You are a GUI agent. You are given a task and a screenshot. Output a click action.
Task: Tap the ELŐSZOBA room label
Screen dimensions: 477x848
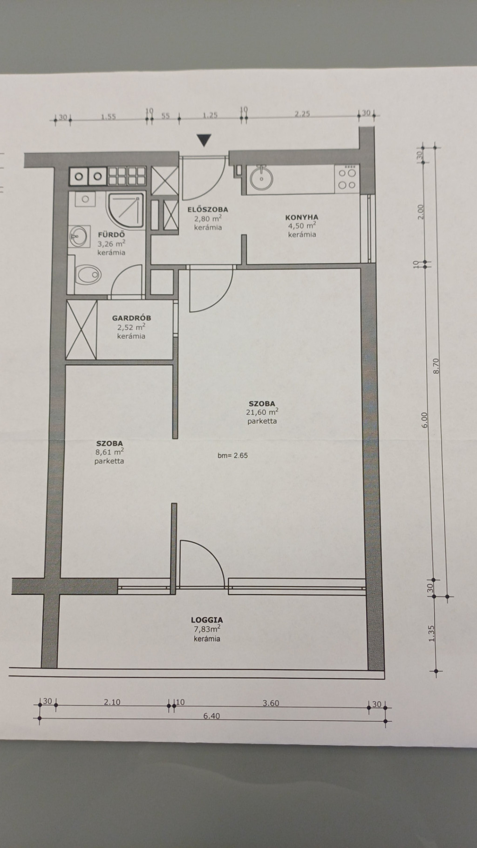[x=208, y=210]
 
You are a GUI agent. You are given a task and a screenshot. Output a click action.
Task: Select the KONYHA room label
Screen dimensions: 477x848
[x=302, y=217]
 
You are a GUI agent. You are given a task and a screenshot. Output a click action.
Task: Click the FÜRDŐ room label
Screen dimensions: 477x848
[x=111, y=235]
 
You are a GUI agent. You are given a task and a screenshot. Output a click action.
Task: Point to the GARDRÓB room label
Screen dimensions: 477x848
[x=131, y=318]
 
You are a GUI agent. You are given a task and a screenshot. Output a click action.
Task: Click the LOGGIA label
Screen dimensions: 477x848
[x=207, y=620]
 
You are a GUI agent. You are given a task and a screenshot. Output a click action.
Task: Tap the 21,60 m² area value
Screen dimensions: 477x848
[x=262, y=412]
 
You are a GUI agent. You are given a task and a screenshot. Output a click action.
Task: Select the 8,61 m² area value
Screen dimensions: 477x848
[x=109, y=452]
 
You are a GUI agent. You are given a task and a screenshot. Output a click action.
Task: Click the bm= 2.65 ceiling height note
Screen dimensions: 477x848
[x=232, y=456]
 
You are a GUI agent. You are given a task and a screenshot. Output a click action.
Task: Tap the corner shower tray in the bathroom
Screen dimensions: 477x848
[x=125, y=210]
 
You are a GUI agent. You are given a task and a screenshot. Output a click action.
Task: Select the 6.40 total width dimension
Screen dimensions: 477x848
[x=211, y=716]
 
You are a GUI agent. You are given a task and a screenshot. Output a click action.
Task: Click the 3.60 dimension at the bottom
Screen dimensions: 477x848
[x=271, y=703]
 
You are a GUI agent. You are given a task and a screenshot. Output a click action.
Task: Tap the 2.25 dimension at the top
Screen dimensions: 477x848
[x=302, y=113]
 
